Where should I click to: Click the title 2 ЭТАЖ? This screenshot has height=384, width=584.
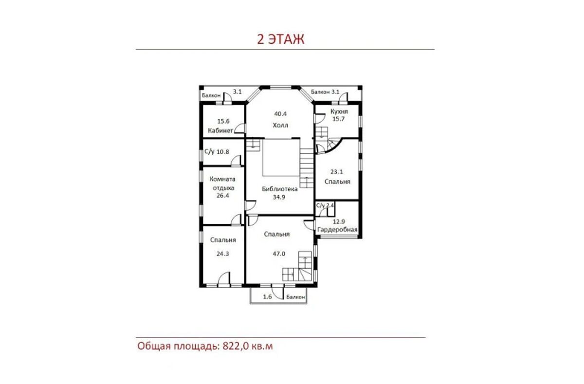tap(280, 39)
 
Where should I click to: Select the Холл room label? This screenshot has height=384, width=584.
tap(280, 126)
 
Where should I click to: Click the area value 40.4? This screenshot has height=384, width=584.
tap(280, 114)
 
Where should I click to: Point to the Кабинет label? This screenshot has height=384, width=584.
tap(220, 130)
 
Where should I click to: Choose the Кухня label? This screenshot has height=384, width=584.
tap(339, 111)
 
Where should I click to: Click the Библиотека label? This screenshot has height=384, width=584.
tap(280, 189)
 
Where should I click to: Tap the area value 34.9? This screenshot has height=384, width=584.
tap(279, 197)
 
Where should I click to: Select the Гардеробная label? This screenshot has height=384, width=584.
tap(337, 230)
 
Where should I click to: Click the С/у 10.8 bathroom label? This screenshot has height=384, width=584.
tap(217, 152)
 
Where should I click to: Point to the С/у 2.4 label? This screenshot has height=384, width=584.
tap(325, 205)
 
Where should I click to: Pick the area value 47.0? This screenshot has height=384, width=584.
tap(279, 254)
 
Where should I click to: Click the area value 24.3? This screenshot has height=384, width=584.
tap(223, 254)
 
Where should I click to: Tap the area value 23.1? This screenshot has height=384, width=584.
tap(337, 172)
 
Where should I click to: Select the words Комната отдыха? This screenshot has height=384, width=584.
tap(223, 183)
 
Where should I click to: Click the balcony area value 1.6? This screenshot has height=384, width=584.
tap(267, 297)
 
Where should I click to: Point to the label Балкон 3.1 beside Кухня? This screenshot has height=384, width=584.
tap(325, 92)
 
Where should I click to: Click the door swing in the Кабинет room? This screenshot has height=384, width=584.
tap(240, 128)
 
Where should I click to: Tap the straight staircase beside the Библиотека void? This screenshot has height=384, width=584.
tap(307, 168)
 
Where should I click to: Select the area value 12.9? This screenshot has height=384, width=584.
tap(339, 221)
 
